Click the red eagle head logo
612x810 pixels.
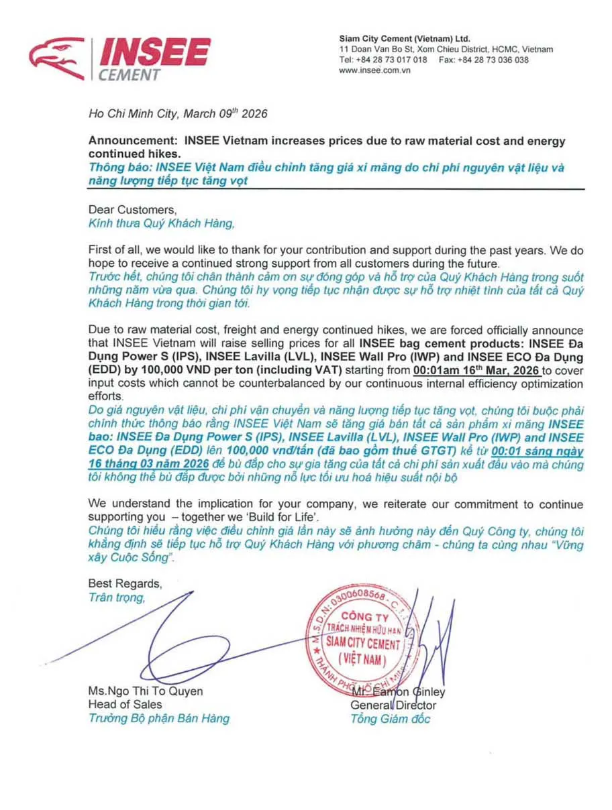[57, 59]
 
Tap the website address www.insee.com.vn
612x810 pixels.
[374, 70]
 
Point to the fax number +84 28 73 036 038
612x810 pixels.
[494, 60]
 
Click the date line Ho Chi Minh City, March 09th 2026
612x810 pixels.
[178, 113]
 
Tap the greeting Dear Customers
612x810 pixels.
[127, 209]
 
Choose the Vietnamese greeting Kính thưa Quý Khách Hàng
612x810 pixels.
[162, 223]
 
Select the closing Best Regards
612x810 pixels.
[125, 583]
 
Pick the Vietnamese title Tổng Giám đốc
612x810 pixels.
[390, 719]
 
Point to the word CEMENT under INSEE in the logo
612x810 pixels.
[129, 74]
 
